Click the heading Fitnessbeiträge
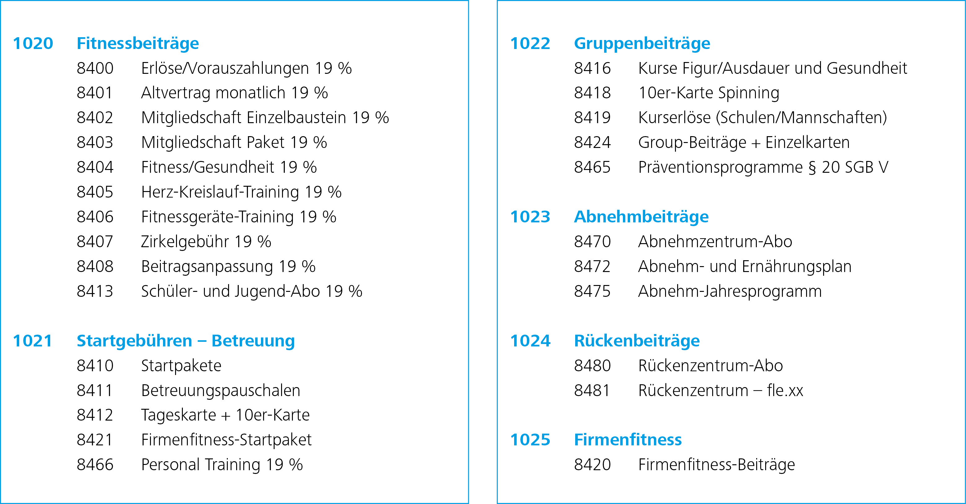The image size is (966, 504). [138, 43]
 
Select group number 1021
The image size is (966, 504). [33, 341]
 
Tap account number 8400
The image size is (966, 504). [95, 68]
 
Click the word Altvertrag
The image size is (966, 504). [175, 93]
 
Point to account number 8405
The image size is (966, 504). [95, 192]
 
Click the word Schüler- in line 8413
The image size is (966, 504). [169, 291]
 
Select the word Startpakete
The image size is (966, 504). [181, 366]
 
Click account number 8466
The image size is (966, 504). [95, 465]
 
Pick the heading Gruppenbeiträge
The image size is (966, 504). [642, 43]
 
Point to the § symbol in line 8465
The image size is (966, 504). [812, 167]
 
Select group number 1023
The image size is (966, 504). [530, 217]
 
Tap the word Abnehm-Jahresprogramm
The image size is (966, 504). [730, 292]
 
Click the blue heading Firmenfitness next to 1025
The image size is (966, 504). [628, 440]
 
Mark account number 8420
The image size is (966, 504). [592, 465]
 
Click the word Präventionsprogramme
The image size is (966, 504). [720, 167]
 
